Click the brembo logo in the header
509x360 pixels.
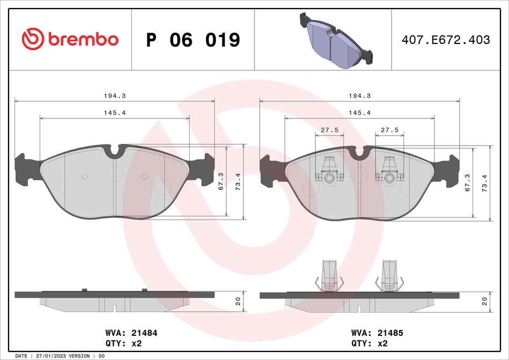pos(70,39)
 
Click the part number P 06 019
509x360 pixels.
pos(193,40)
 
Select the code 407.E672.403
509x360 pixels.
pos(446,40)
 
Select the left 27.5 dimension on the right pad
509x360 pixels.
pos(329,130)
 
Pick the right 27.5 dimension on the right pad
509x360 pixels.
pos(389,130)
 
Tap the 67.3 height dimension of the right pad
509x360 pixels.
pos(468,183)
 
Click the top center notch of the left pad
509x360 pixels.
pos(115,152)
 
